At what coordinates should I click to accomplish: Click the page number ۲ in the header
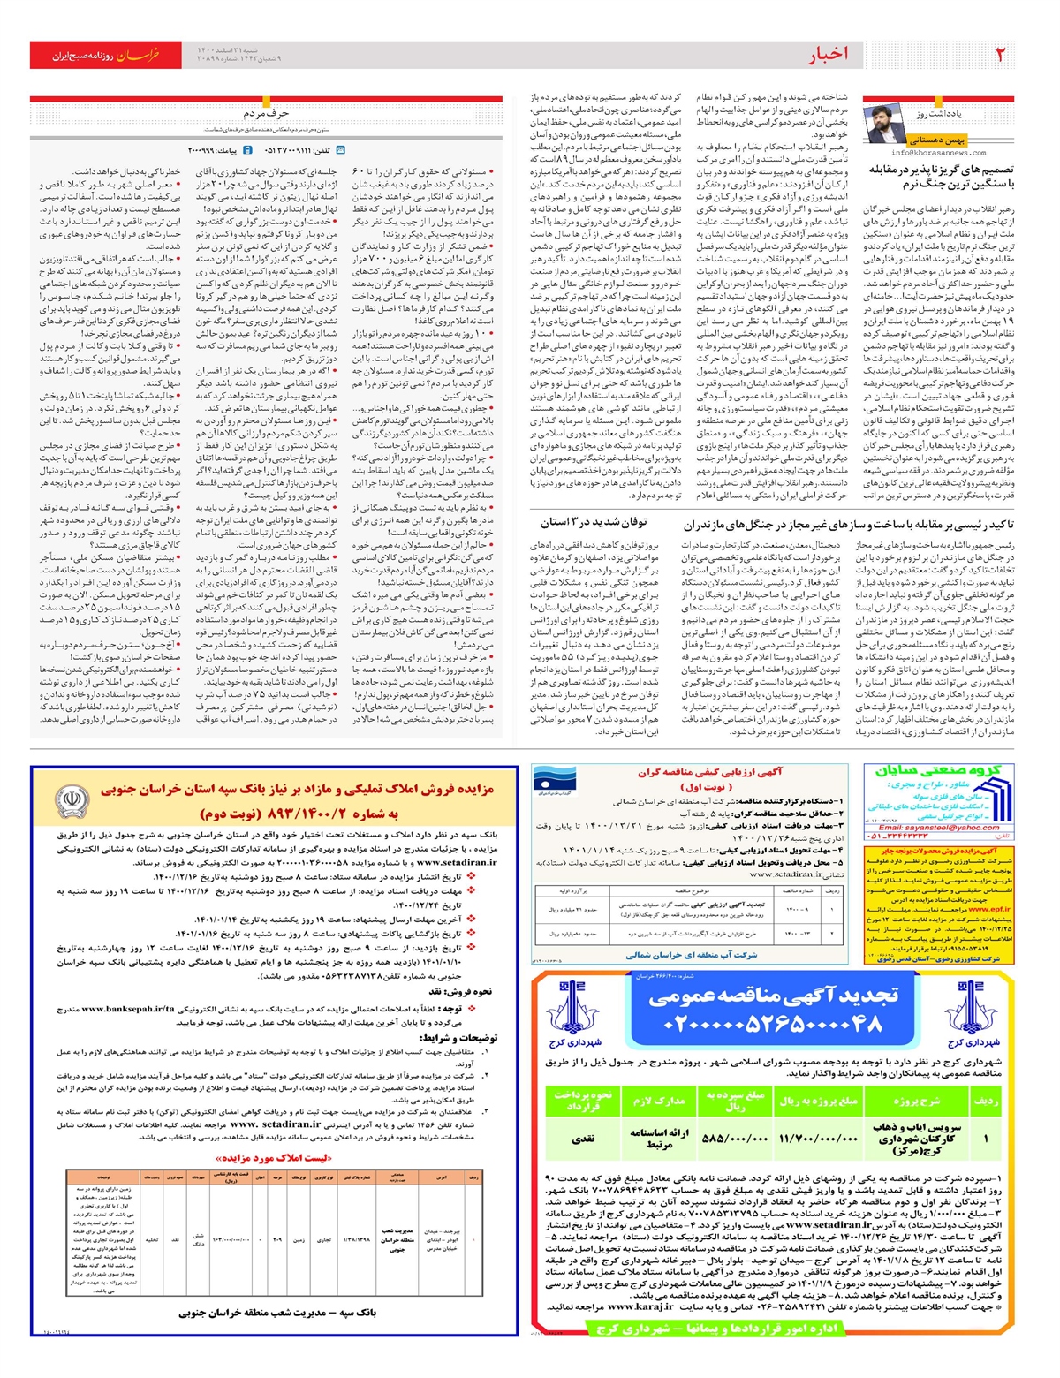coord(1000,55)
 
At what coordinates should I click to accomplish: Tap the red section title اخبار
coord(828,55)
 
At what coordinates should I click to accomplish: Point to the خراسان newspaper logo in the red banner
coord(139,55)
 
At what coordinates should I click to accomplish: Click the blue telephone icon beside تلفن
coord(340,150)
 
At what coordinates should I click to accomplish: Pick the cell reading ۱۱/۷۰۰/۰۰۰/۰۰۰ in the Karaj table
coord(818,1139)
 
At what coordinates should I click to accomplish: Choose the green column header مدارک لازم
coord(659,1101)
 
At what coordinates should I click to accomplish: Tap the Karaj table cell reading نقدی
coord(583,1139)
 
